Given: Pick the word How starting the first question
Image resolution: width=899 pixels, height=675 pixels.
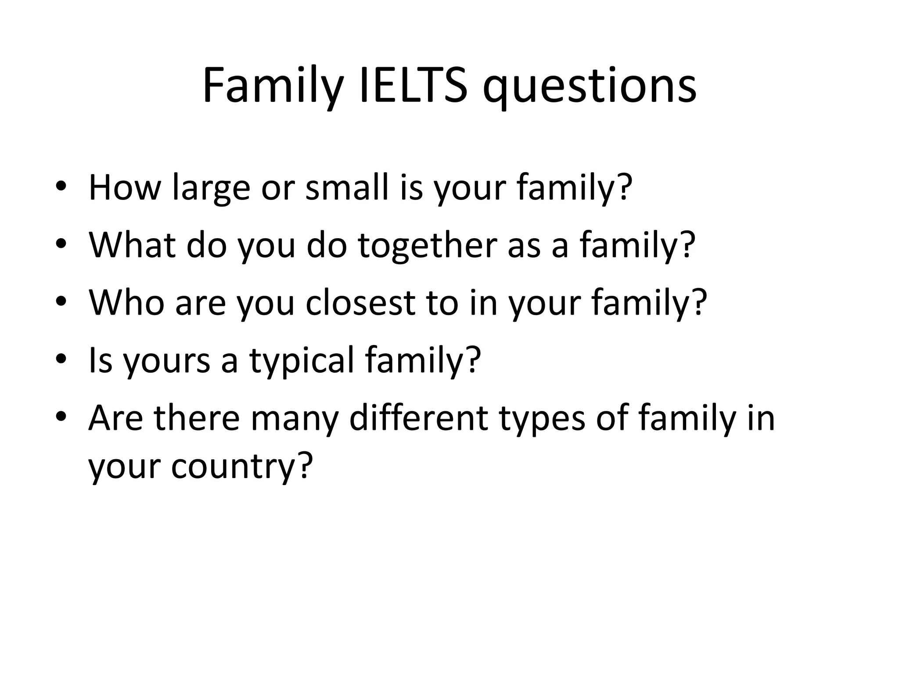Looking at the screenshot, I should pos(125,188).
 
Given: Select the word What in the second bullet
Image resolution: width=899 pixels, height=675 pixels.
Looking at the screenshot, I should pos(132,245).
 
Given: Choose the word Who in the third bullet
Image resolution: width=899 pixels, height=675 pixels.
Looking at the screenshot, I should pos(127,303).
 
